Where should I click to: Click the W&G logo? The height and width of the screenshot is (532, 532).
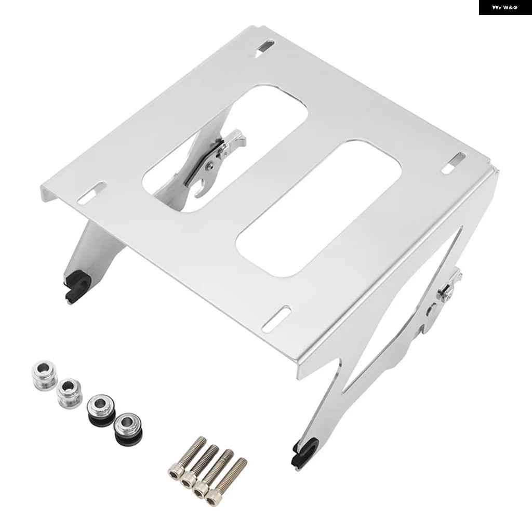point(505,7)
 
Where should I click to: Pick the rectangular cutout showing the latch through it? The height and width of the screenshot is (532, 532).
point(225,149)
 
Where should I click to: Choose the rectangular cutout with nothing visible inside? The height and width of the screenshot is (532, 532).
point(319,209)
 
